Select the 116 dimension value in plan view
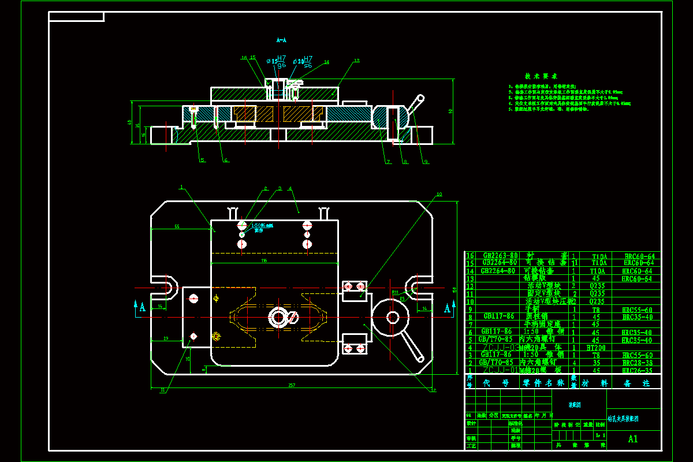tap(264, 261)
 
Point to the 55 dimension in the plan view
tap(177, 227)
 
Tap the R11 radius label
tap(395, 293)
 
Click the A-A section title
tap(281, 40)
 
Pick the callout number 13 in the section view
tap(356, 60)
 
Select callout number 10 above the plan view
tap(439, 195)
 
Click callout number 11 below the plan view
tap(163, 390)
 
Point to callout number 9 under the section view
tap(426, 162)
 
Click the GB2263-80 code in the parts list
tap(500, 255)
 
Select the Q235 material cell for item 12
tap(598, 285)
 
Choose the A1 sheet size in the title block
tap(633, 438)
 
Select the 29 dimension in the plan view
tap(166, 338)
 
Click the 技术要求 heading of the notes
tap(541, 76)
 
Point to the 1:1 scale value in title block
tap(601, 435)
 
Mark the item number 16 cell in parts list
tap(470, 255)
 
